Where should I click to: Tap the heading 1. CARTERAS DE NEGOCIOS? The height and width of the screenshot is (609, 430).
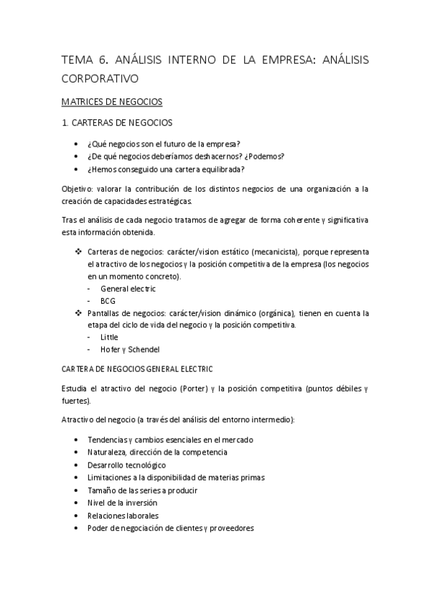click(x=117, y=123)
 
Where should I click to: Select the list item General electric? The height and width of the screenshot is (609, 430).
click(x=128, y=289)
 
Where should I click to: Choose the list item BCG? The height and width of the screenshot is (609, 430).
click(x=108, y=301)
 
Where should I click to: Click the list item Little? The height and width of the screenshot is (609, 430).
click(x=110, y=337)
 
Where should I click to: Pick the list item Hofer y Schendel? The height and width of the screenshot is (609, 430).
click(x=130, y=350)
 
